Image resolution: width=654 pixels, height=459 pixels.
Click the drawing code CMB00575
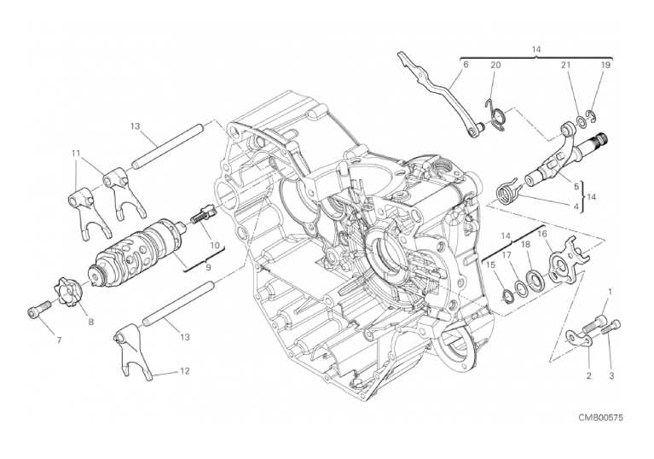(x=600, y=418)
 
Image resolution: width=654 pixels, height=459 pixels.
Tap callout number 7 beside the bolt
(x=59, y=340)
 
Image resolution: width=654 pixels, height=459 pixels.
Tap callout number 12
(x=185, y=370)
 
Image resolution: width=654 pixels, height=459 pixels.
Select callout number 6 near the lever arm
(x=466, y=65)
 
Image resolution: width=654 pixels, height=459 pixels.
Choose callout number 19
(x=605, y=65)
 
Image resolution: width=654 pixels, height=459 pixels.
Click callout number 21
(x=565, y=65)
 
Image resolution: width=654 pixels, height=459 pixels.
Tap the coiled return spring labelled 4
(x=507, y=190)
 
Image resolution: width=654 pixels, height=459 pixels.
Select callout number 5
(x=576, y=187)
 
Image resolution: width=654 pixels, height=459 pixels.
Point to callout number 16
(x=541, y=233)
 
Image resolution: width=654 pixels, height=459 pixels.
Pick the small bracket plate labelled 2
(x=581, y=338)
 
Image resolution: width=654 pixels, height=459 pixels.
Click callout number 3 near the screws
(x=611, y=376)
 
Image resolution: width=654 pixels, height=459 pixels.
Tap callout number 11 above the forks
(x=75, y=153)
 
